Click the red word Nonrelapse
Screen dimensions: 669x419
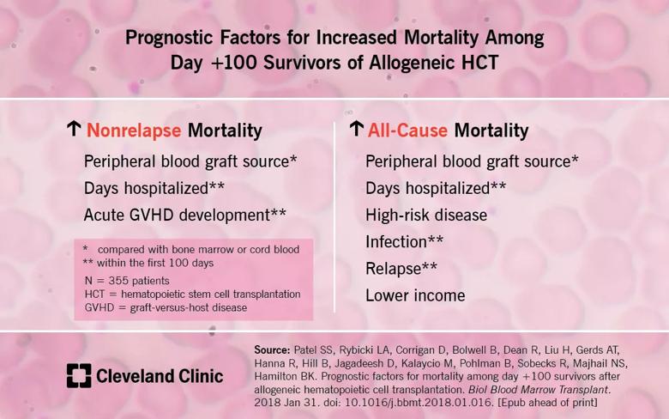point(134,131)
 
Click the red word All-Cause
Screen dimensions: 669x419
point(407,131)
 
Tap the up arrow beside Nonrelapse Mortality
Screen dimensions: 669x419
point(74,129)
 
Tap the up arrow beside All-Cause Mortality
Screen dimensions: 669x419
point(356,129)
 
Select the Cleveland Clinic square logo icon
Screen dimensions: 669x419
point(79,376)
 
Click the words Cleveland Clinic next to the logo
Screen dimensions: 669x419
point(160,376)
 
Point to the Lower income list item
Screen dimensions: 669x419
point(415,295)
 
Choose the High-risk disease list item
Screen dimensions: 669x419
point(426,216)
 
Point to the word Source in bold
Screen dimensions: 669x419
point(272,350)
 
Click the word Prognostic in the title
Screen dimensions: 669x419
point(169,38)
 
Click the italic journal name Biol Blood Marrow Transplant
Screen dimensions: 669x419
point(539,390)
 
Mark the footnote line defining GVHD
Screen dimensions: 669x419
point(166,307)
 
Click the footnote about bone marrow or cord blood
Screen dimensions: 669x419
point(191,250)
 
